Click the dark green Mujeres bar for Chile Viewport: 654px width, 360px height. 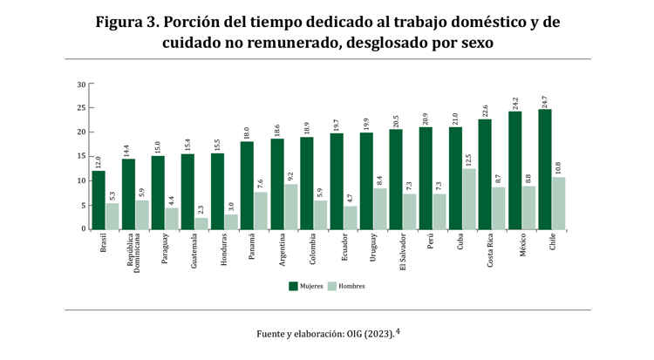point(545,169)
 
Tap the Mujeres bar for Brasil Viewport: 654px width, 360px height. point(99,200)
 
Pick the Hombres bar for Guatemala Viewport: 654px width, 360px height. point(201,223)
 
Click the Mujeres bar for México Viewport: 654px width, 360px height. point(515,170)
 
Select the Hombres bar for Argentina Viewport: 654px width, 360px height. point(291,207)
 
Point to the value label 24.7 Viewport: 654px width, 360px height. point(545,101)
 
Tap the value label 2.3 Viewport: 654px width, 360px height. point(201,210)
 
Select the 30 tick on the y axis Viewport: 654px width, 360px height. point(81,85)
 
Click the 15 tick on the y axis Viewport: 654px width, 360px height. point(81,157)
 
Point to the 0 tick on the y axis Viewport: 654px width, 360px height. point(83,229)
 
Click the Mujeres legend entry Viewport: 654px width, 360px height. point(304,286)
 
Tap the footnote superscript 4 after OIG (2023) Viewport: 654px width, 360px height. point(398,330)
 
